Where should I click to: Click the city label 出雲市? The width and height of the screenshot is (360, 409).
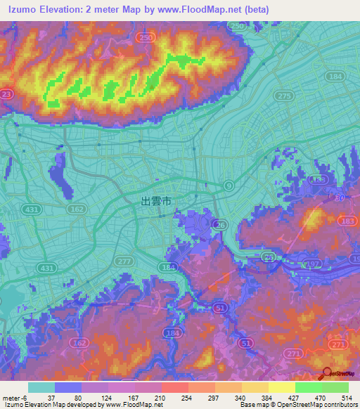pos(156,201)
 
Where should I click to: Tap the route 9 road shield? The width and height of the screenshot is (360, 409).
pos(229,185)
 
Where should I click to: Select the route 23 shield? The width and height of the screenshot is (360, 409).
pos(6,93)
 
